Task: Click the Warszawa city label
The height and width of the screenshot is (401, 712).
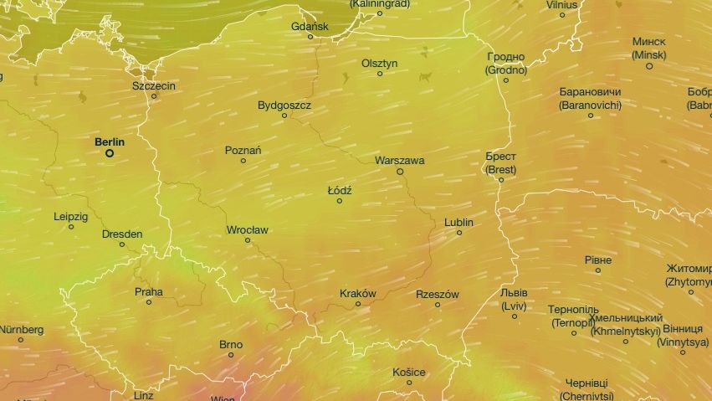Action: pos(400,160)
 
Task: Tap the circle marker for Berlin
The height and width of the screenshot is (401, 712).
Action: pos(109,153)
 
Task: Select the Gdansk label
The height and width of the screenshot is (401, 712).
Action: pos(310,27)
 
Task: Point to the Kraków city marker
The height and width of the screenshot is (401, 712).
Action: pos(358,304)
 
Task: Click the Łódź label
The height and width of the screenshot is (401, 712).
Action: pos(340,191)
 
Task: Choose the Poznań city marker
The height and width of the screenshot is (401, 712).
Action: pos(243,161)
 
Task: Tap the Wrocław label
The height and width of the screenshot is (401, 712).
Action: pos(248,229)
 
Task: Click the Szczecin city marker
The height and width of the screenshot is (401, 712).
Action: pos(154,96)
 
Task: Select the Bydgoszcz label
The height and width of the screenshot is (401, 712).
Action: pos(284,105)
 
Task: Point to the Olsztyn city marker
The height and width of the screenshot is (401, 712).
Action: pos(380,74)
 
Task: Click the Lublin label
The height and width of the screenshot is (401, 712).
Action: pos(458,223)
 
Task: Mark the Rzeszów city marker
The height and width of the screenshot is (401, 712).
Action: pos(438,305)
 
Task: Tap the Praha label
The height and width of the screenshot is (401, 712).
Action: pos(149,292)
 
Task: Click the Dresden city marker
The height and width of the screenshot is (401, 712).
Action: pos(122,244)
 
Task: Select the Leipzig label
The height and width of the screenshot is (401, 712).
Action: pos(70,216)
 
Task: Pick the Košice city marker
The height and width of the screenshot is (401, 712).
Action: pos(409,383)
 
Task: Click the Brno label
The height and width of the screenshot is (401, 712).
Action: pos(231,344)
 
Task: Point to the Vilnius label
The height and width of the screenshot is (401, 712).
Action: pos(562,4)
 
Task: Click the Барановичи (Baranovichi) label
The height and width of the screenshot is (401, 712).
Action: pos(590,99)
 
